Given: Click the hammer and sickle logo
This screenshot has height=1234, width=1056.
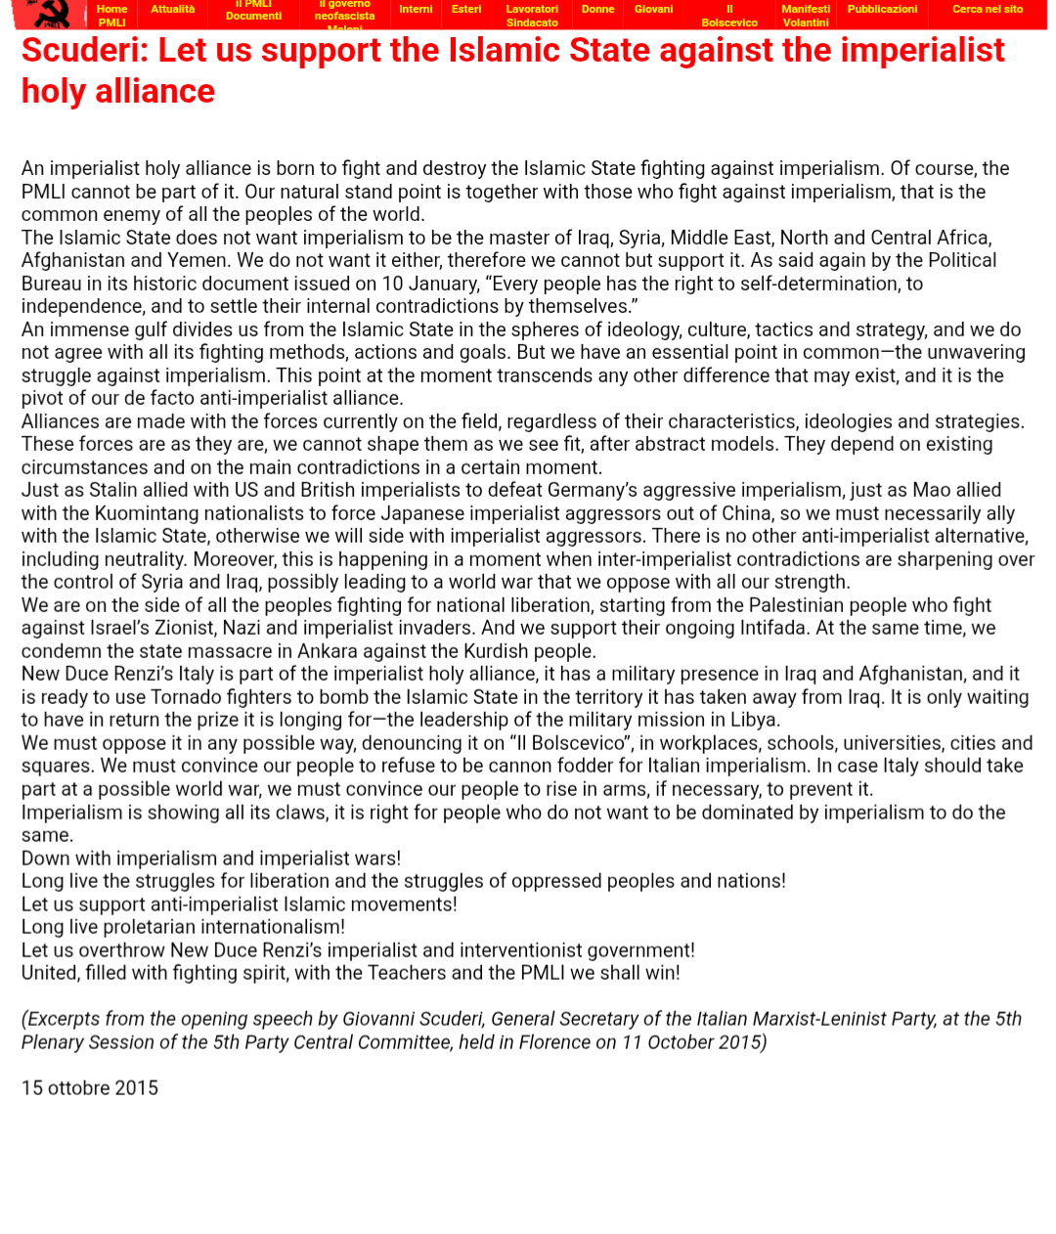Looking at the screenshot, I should click(50, 14).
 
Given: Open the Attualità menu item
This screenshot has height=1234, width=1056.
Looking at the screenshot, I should click(172, 10).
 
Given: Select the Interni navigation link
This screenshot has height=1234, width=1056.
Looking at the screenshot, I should click(416, 10).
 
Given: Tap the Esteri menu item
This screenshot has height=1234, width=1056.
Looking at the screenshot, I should click(466, 10).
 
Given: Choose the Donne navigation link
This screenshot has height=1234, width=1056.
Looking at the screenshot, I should click(597, 10).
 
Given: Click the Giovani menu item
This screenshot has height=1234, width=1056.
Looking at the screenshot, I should click(653, 10).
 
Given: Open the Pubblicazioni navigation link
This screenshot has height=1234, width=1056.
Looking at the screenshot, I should click(882, 10).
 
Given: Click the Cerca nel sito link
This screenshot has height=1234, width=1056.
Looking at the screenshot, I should click(988, 10).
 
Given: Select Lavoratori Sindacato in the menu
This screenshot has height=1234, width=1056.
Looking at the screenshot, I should click(532, 16).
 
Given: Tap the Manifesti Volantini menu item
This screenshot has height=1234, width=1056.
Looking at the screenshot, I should click(806, 16).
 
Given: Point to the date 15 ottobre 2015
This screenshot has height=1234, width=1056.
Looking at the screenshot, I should click(90, 1088).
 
